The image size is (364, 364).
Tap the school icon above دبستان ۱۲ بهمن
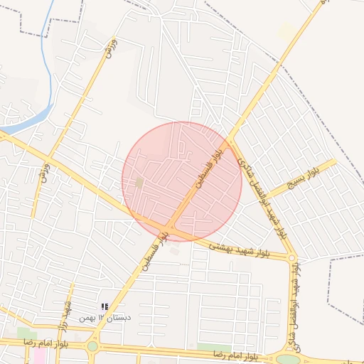105,306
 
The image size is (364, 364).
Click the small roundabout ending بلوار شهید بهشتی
291,258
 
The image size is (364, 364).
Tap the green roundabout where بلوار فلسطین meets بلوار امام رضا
92,346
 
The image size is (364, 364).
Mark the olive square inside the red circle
139,183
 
